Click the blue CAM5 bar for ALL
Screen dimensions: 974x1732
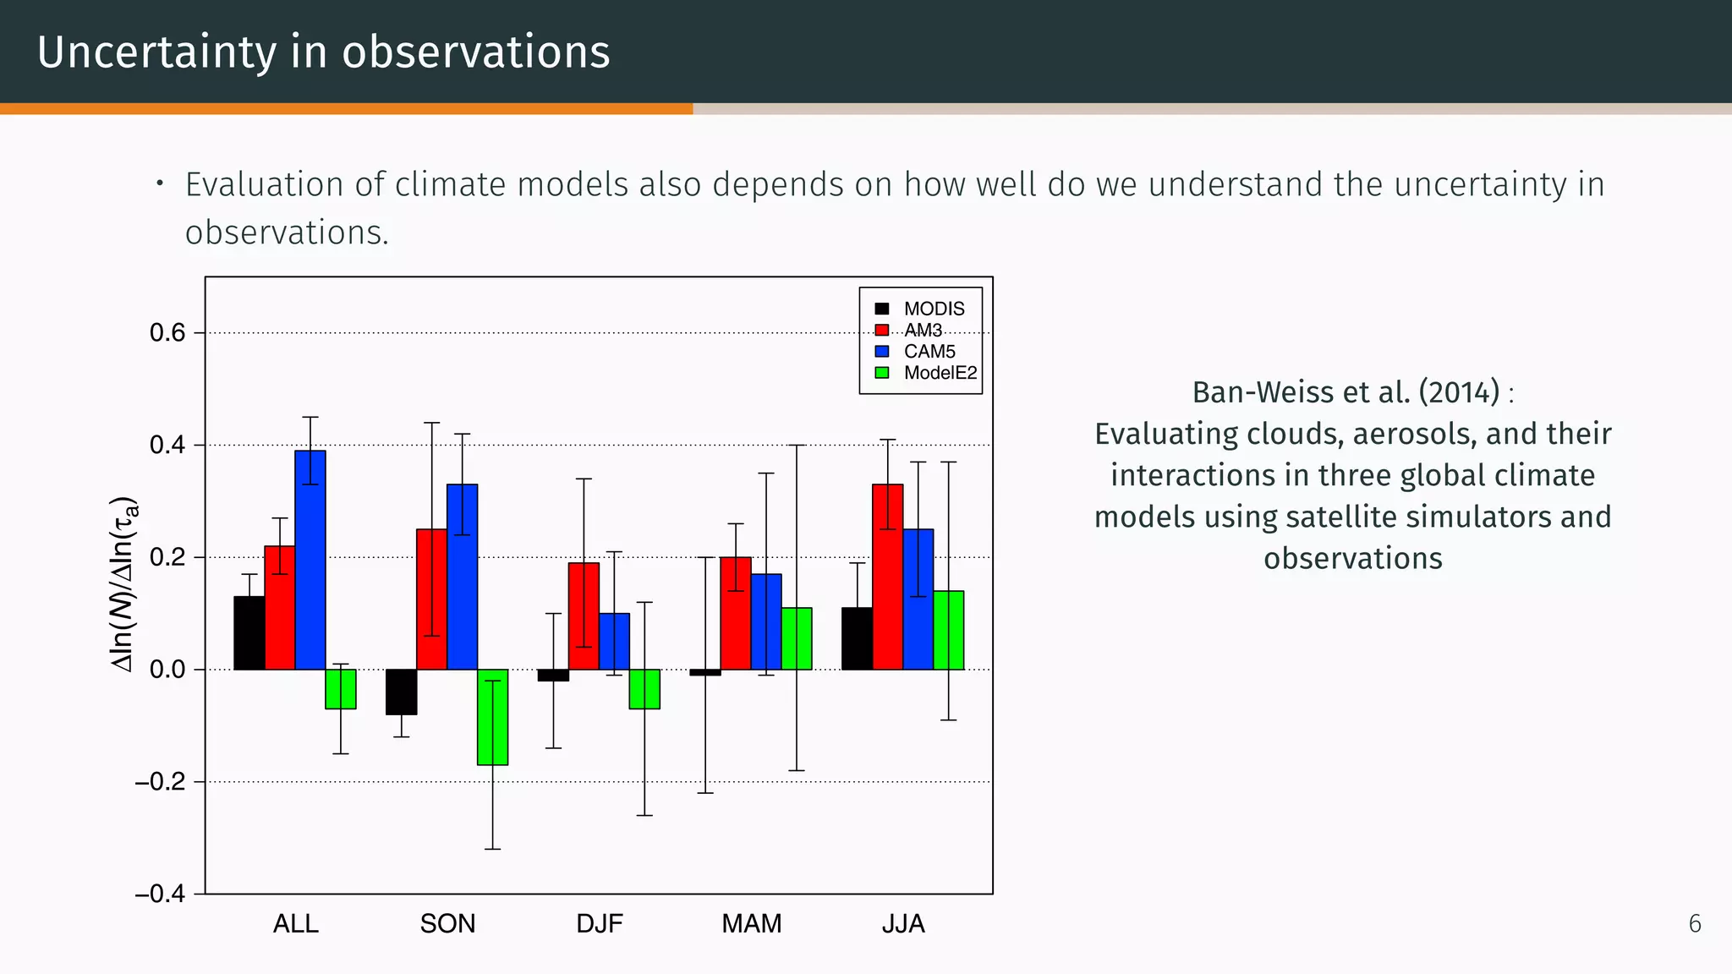310,560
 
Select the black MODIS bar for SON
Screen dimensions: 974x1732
402,692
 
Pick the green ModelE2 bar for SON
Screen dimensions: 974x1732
492,717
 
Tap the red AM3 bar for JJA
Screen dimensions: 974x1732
888,577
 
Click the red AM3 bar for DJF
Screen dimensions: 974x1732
584,616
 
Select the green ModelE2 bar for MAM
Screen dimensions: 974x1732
797,638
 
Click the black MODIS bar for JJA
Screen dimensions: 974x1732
857,638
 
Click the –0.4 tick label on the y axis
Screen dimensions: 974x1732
160,894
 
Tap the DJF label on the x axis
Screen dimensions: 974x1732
600,923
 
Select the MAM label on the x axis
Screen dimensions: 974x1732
751,923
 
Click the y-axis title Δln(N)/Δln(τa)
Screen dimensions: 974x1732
124,584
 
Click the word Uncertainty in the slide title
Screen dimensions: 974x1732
156,52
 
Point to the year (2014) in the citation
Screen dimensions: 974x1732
1459,392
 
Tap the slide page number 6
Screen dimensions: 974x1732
1694,924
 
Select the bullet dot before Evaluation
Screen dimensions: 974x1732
159,183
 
